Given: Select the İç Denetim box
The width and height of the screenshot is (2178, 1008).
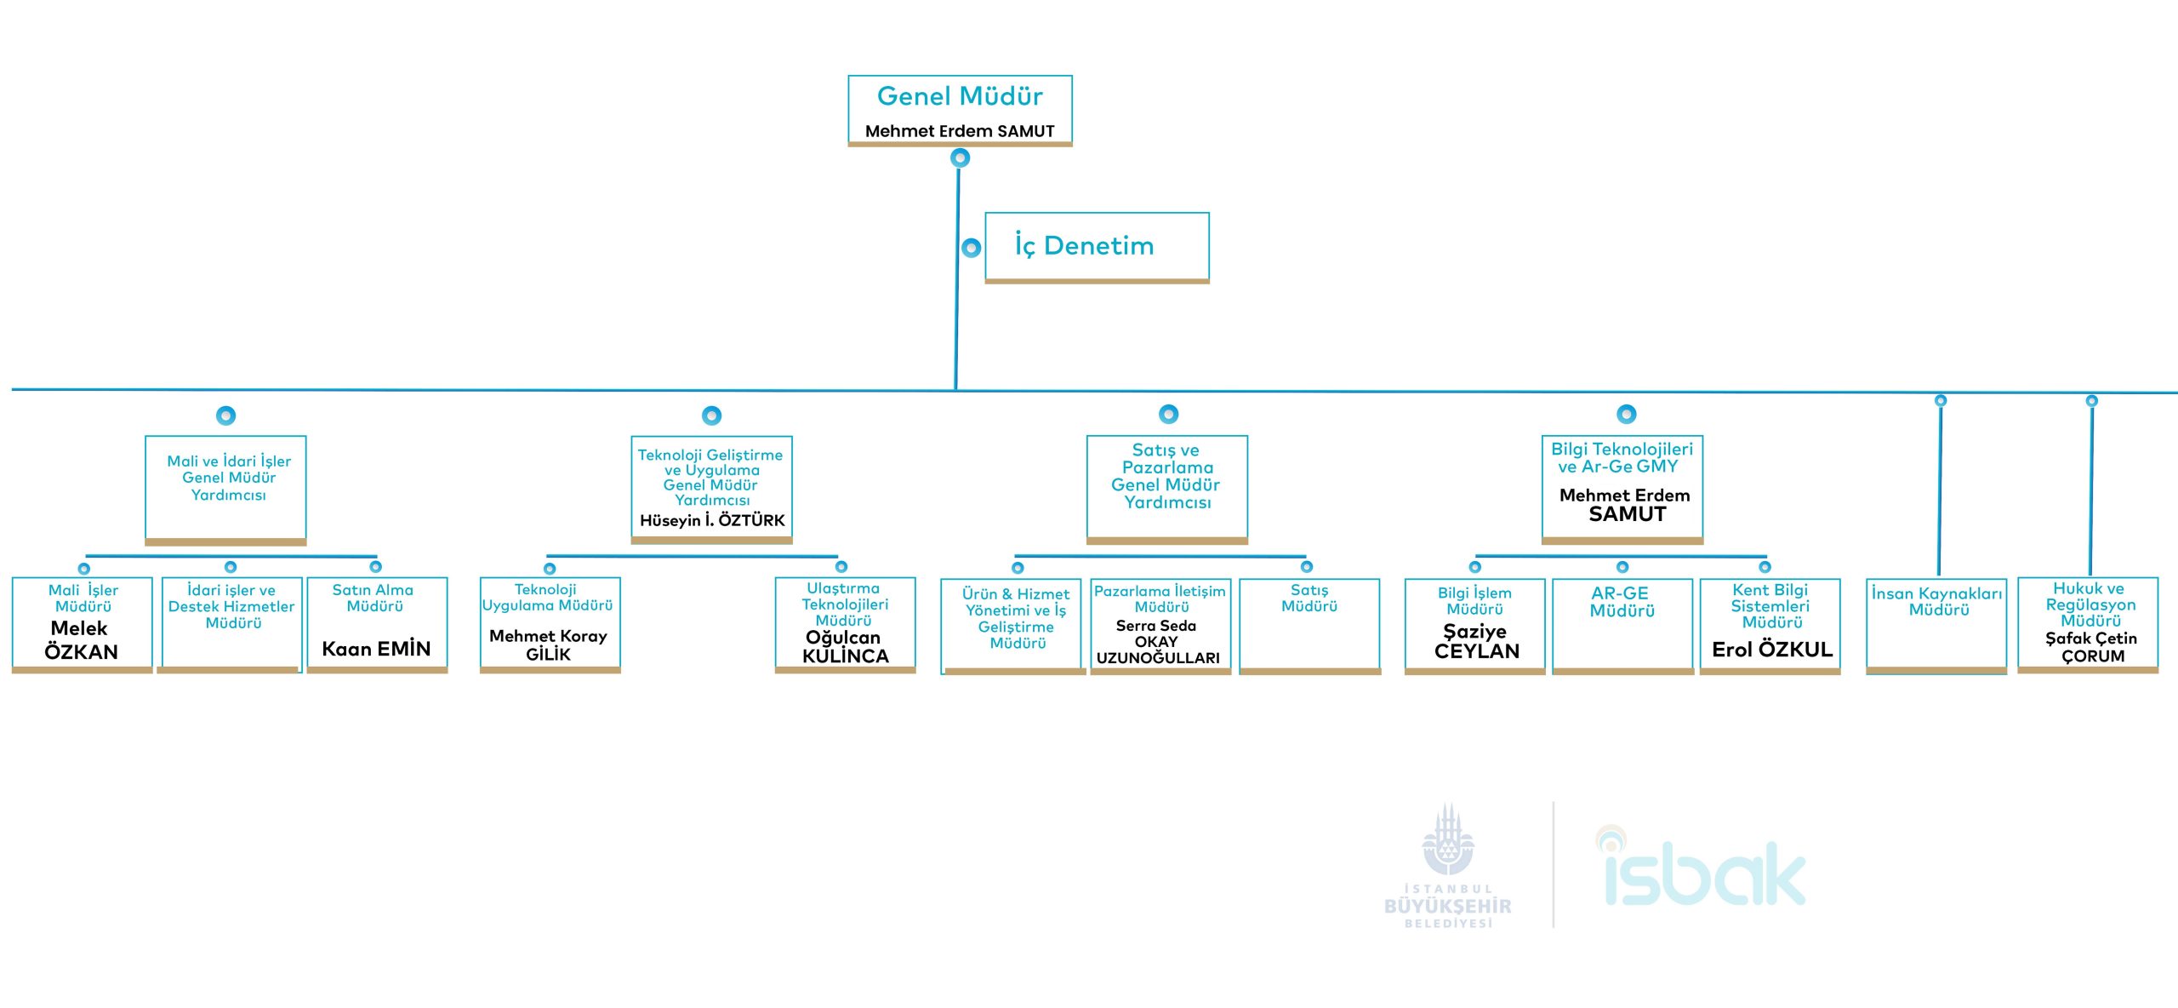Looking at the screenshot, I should (x=1097, y=246).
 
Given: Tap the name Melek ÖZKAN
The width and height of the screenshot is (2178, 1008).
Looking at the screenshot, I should (x=81, y=640).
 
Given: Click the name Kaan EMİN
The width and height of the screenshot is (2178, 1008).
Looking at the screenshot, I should (x=376, y=649).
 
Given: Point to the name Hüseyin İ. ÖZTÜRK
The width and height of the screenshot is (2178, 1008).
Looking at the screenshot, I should (x=712, y=520).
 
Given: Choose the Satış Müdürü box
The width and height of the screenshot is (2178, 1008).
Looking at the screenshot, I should (x=1309, y=626).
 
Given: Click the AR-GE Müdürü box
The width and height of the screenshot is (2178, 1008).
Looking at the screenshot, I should (x=1622, y=626).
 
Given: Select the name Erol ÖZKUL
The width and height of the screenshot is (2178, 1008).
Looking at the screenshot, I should (x=1771, y=650).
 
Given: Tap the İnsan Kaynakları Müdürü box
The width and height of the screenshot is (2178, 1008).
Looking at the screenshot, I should (x=1936, y=626).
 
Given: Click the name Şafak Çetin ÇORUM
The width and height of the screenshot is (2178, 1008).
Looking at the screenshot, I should (x=2091, y=647).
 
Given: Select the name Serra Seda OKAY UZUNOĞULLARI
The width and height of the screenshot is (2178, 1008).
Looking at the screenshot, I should (x=1157, y=642).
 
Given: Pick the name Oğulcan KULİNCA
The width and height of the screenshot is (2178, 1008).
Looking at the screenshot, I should (x=845, y=647).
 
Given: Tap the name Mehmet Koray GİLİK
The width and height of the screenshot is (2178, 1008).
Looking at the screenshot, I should (x=549, y=645).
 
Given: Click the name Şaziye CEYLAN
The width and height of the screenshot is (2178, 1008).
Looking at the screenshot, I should (x=1476, y=641).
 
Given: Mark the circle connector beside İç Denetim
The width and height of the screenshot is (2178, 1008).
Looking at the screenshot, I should (x=971, y=248).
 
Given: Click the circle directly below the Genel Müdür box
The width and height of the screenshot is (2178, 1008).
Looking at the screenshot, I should (x=960, y=157).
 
